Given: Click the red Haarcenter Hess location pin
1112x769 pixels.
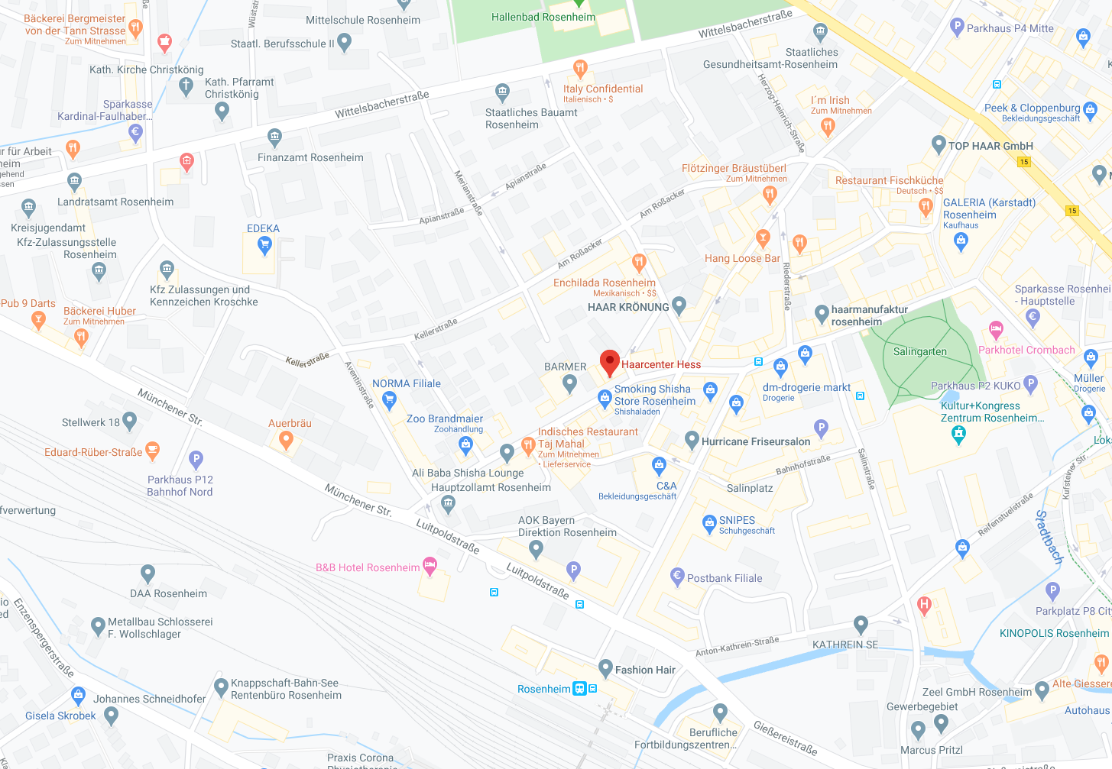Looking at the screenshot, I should [609, 363].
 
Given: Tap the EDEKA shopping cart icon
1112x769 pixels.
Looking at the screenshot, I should [264, 244].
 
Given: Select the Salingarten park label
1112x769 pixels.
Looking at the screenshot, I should [919, 352].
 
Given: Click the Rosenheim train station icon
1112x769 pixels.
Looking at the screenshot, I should [580, 689].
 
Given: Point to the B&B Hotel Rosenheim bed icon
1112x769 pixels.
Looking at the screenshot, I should [430, 566].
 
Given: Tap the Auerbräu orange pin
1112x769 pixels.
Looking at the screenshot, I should [286, 439].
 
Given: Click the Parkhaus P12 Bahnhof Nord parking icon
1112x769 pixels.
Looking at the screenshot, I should [196, 459].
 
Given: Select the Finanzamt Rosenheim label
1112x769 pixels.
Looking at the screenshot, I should [310, 158].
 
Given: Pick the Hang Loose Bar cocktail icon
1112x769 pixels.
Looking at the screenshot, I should [762, 238].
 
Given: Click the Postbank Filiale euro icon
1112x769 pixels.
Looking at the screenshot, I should [676, 577].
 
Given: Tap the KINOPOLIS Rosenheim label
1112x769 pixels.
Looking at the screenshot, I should [1053, 633].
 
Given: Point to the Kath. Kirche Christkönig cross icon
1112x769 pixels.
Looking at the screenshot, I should [186, 86].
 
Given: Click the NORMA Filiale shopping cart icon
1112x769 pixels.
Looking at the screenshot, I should [389, 399].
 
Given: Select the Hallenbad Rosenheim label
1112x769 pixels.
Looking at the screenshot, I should [543, 17].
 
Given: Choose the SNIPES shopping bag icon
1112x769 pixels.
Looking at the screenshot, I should [708, 523].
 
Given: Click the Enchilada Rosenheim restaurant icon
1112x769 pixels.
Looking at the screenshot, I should [639, 263].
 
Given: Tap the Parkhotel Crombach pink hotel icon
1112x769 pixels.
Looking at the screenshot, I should [995, 330].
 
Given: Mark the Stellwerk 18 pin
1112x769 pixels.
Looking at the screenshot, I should [129, 420].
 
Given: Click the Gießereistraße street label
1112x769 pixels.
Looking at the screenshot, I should [785, 738].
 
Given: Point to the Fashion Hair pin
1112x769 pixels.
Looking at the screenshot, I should [605, 668].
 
